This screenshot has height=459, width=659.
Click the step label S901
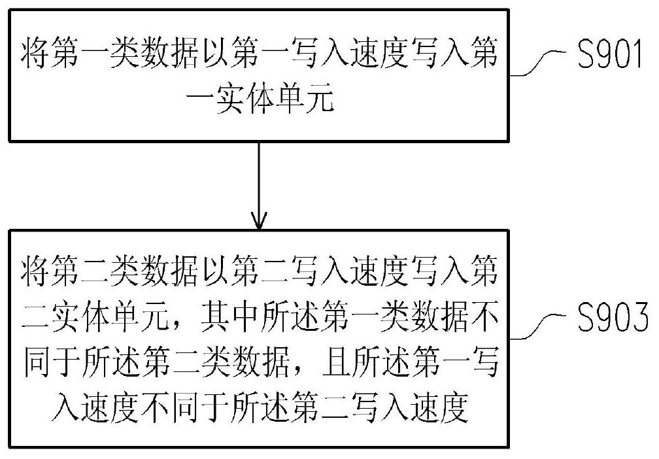click(610, 54)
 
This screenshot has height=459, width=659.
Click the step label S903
click(613, 317)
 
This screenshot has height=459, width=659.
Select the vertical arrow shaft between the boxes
click(259, 185)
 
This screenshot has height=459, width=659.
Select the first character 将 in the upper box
click(36, 54)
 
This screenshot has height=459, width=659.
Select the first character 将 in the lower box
click(36, 271)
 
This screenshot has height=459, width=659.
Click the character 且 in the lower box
click(336, 363)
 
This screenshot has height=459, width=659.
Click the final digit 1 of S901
click(637, 54)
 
